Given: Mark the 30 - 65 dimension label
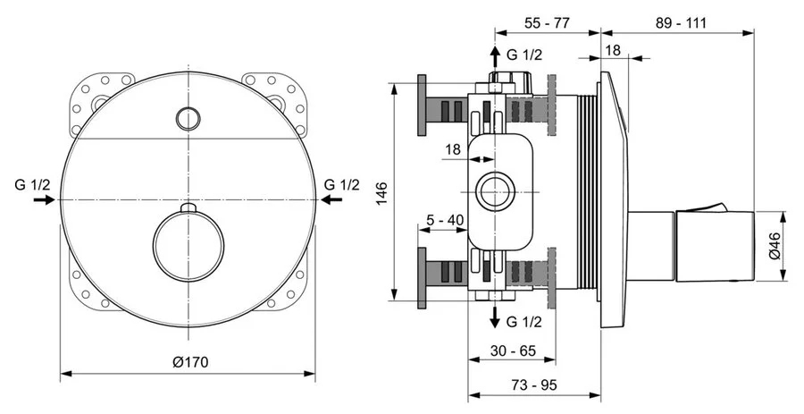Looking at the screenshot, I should click(x=513, y=351).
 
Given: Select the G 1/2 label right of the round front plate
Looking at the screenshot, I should click(x=341, y=184).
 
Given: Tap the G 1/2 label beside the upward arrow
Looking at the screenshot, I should click(x=524, y=55).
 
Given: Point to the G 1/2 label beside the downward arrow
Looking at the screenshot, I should click(x=524, y=321).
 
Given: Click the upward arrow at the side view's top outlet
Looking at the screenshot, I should click(x=494, y=57).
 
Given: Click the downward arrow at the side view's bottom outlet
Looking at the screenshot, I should click(x=494, y=317).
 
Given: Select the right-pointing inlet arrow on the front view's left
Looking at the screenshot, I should click(x=43, y=201).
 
